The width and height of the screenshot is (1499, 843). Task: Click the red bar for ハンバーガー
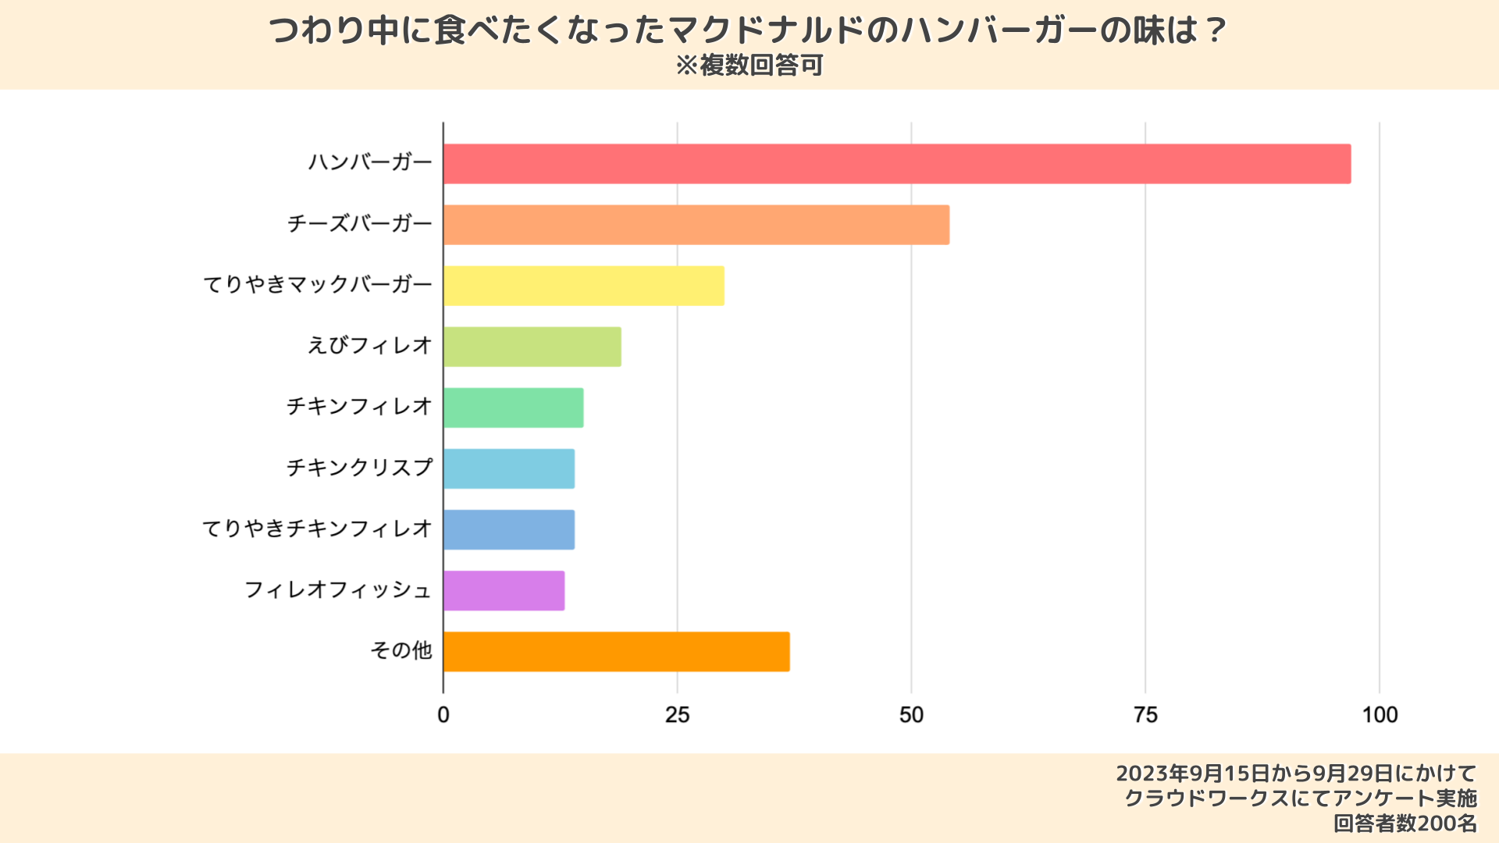pyautogui.click(x=896, y=164)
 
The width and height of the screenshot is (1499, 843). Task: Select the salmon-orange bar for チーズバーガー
pyautogui.click(x=696, y=225)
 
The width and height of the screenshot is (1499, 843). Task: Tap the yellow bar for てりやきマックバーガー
pyautogui.click(x=584, y=286)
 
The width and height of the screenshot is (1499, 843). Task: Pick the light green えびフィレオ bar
pyautogui.click(x=532, y=347)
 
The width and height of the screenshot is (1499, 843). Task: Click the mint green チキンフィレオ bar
pyautogui.click(x=514, y=407)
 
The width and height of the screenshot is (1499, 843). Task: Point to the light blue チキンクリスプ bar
pyautogui.click(x=509, y=468)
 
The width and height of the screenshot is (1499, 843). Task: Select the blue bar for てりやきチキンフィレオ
pyautogui.click(x=509, y=529)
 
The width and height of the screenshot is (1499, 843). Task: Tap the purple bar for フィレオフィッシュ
pyautogui.click(x=504, y=591)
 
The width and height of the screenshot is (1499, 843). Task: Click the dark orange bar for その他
pyautogui.click(x=617, y=652)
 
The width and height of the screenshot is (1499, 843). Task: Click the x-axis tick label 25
pyautogui.click(x=677, y=715)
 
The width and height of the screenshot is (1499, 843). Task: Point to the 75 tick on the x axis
pyautogui.click(x=1145, y=715)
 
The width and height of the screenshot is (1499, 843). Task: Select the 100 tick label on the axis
pyautogui.click(x=1380, y=715)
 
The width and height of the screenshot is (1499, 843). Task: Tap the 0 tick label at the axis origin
pyautogui.click(x=443, y=715)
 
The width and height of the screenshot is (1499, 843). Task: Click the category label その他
pyautogui.click(x=401, y=650)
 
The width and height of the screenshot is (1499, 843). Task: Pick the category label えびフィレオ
pyautogui.click(x=370, y=345)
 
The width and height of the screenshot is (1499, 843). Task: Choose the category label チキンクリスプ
pyautogui.click(x=359, y=468)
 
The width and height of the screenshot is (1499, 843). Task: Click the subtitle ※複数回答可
pyautogui.click(x=749, y=66)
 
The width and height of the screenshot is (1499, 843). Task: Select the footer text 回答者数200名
pyautogui.click(x=1405, y=823)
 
